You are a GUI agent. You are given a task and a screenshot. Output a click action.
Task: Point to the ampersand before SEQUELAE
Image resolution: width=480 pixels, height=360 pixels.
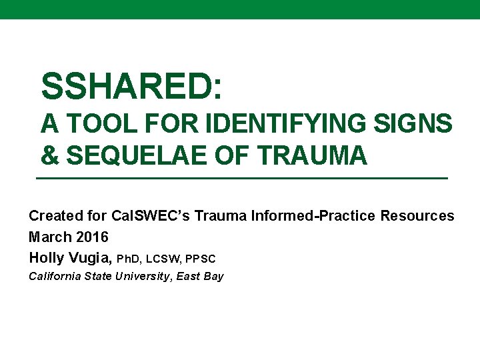[x=49, y=156]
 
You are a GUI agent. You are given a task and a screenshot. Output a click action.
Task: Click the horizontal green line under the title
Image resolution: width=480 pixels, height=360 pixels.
[x=241, y=179]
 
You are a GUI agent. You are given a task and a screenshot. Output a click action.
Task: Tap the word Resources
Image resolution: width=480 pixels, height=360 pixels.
[x=417, y=216]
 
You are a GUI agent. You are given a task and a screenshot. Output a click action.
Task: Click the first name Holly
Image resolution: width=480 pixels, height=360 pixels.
[x=46, y=257]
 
